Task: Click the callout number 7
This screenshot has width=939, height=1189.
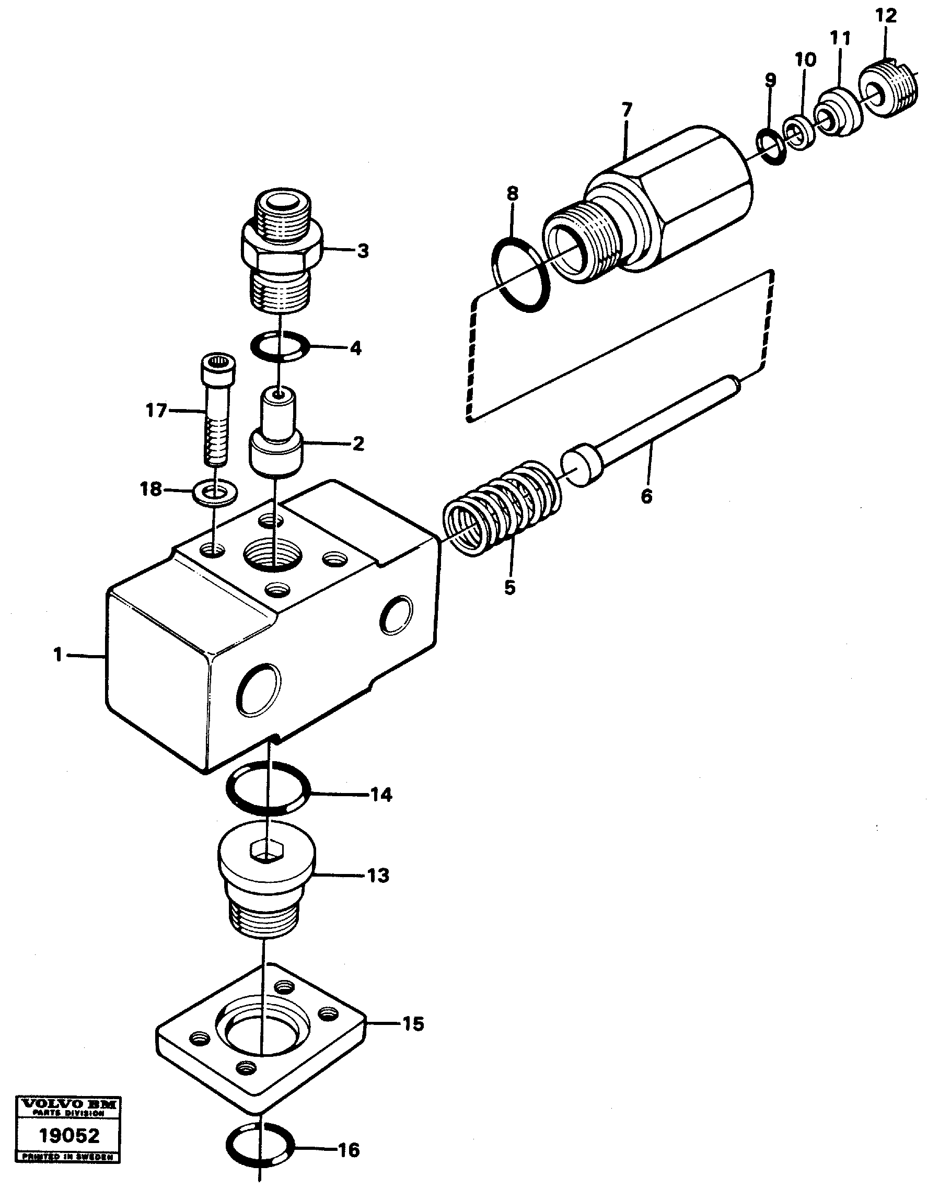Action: pos(627,109)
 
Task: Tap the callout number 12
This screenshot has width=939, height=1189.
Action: pos(886,15)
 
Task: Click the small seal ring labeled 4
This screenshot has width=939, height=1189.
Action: pos(279,347)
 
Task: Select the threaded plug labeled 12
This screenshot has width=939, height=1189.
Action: pos(889,91)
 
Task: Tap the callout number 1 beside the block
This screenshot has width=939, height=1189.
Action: pos(57,655)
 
